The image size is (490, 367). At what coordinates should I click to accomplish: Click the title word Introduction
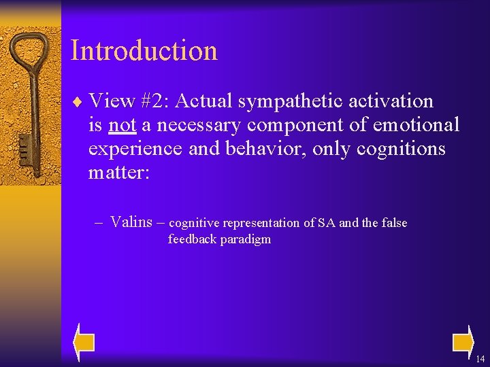tap(144, 51)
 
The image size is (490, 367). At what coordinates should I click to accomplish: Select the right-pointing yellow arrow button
tap(462, 342)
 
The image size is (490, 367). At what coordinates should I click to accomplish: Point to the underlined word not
tap(122, 125)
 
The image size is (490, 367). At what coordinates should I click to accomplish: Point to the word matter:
tap(118, 173)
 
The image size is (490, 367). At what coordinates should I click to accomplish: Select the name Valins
tap(131, 222)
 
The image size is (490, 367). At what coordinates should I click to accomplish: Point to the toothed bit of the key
tap(24, 147)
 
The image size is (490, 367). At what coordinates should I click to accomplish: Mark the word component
tap(293, 125)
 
